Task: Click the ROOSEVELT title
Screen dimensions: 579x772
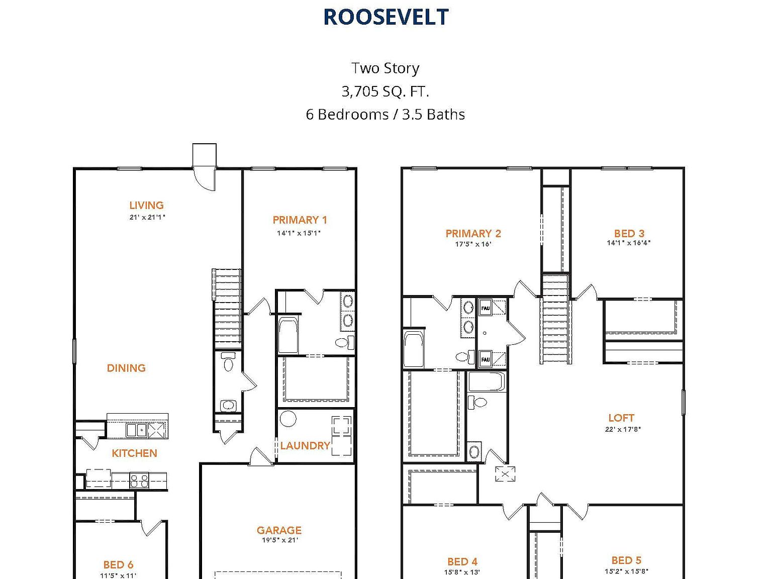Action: click(x=385, y=17)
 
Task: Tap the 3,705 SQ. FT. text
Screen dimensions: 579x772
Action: click(x=385, y=91)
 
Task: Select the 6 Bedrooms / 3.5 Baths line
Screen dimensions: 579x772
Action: click(x=385, y=115)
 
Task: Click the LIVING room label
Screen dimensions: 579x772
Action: click(x=146, y=206)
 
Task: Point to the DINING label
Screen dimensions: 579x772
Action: click(x=126, y=368)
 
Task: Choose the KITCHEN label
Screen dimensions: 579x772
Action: click(x=134, y=453)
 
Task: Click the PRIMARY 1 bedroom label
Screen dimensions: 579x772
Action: click(x=300, y=220)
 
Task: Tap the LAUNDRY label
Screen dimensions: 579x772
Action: click(x=305, y=446)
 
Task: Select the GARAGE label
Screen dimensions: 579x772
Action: click(x=279, y=530)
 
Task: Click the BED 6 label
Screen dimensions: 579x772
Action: click(x=118, y=565)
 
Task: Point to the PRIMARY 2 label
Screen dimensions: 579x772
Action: click(x=473, y=234)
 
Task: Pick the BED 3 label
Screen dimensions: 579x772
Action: click(x=629, y=234)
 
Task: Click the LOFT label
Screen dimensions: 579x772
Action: click(x=621, y=418)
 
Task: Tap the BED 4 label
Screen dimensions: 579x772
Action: click(x=462, y=562)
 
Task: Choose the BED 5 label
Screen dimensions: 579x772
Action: click(x=626, y=560)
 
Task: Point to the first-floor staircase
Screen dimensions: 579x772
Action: click(x=227, y=308)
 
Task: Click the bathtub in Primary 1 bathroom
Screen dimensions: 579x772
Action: click(x=288, y=335)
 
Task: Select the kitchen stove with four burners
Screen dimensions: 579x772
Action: click(x=139, y=480)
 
